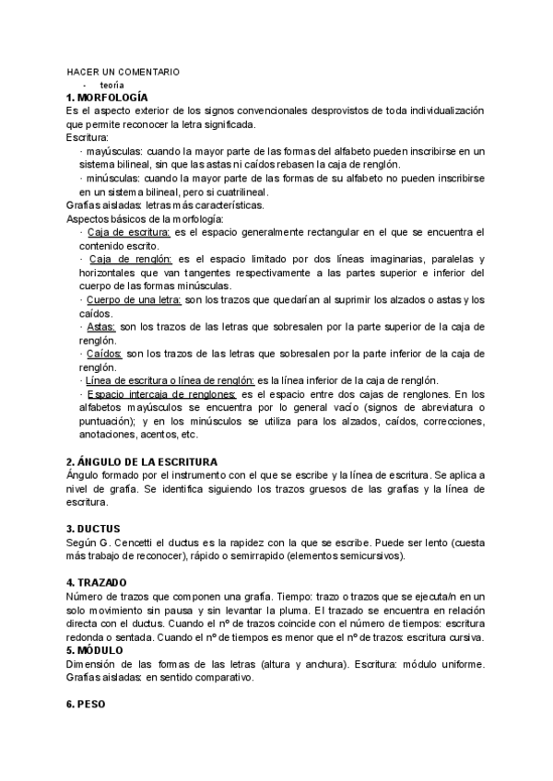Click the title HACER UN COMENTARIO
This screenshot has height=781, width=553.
pos(123,71)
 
